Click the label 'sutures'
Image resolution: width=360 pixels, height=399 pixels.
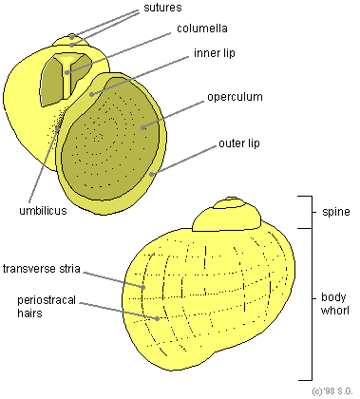[162, 8]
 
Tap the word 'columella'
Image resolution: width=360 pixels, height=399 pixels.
[202, 28]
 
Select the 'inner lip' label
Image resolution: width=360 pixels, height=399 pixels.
[215, 53]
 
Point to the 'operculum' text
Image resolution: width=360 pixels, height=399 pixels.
[235, 97]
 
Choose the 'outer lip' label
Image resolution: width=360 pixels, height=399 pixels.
[239, 143]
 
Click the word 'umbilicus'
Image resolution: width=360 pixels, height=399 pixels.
[43, 211]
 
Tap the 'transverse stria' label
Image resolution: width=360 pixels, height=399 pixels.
[41, 269]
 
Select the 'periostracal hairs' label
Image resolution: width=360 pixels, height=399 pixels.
[47, 307]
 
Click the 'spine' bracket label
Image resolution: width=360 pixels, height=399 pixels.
[336, 212]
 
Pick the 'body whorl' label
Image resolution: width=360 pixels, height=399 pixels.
[334, 304]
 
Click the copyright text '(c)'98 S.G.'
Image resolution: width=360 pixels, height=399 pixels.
[332, 391]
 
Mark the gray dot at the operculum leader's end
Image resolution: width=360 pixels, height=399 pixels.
[143, 127]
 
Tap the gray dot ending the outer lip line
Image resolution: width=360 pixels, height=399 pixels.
[152, 174]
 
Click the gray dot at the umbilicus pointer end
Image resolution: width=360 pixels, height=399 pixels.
[57, 128]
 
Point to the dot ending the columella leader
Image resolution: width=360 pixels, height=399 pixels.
[67, 72]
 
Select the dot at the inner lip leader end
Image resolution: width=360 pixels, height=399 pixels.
[91, 94]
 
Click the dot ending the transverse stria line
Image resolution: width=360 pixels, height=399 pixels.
[143, 287]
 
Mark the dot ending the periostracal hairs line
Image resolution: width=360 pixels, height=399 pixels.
[157, 318]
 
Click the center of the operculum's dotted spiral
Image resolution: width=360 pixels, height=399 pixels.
[98, 138]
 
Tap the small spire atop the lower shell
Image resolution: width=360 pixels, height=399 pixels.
[227, 215]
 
